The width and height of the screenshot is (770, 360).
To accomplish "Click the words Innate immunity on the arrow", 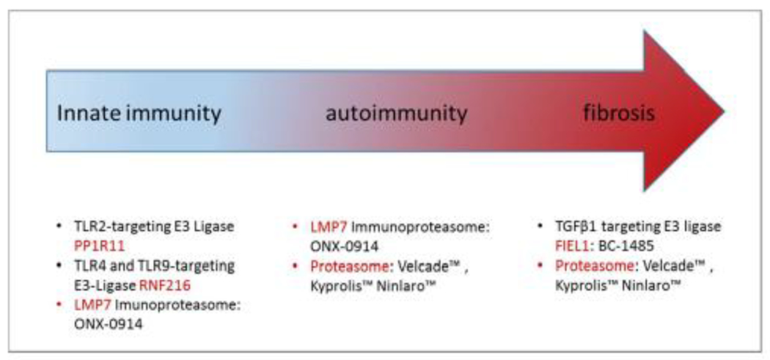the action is (x=139, y=114).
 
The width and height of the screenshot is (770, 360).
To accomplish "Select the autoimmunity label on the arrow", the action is (x=396, y=113).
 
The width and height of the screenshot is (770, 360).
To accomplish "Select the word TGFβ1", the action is (x=554, y=227).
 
